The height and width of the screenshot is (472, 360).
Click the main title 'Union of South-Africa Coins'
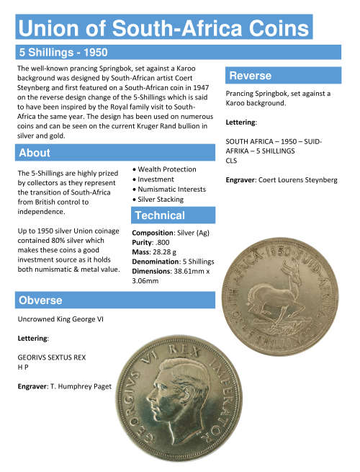pyautogui.click(x=164, y=29)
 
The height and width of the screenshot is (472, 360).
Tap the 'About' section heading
pyautogui.click(x=35, y=153)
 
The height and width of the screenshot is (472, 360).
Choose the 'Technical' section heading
pyautogui.click(x=160, y=215)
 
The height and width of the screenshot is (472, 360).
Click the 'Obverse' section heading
pyautogui.click(x=40, y=300)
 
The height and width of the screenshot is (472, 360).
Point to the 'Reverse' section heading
pyautogui.click(x=250, y=76)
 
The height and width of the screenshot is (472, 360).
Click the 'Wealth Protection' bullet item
pyautogui.click(x=166, y=169)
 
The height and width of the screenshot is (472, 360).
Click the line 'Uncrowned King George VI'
pyautogui.click(x=60, y=319)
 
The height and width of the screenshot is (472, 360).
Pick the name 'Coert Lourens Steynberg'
pyautogui.click(x=296, y=178)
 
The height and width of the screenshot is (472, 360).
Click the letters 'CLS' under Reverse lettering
pyautogui.click(x=233, y=160)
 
